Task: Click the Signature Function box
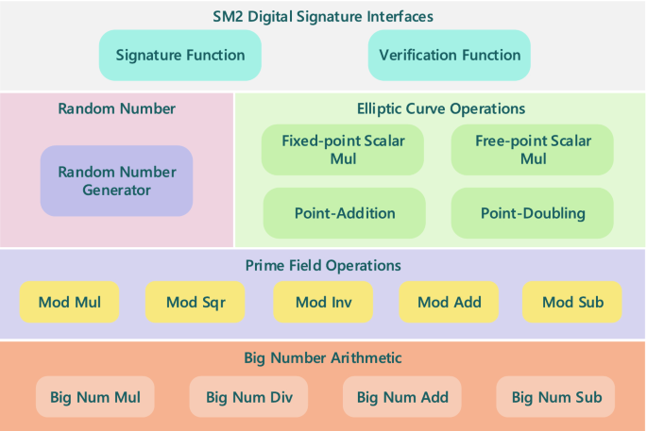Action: [179, 56]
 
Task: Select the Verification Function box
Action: [450, 56]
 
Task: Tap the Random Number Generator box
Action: [116, 181]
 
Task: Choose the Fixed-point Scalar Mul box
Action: [343, 150]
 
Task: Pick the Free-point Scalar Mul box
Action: [533, 150]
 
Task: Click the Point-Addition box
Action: [345, 213]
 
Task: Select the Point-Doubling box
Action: [533, 213]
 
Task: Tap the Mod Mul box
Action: [69, 302]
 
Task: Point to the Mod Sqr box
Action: [196, 302]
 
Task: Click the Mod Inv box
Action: [323, 302]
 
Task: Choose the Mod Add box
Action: [449, 302]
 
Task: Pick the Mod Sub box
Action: [572, 302]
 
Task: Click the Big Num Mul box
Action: [95, 397]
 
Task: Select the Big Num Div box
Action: [248, 397]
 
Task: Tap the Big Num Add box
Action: [402, 397]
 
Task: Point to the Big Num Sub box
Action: [555, 397]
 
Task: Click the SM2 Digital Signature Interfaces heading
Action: [323, 16]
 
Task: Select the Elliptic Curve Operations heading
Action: [441, 108]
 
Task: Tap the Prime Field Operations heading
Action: [323, 265]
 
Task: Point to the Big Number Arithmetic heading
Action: [323, 357]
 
